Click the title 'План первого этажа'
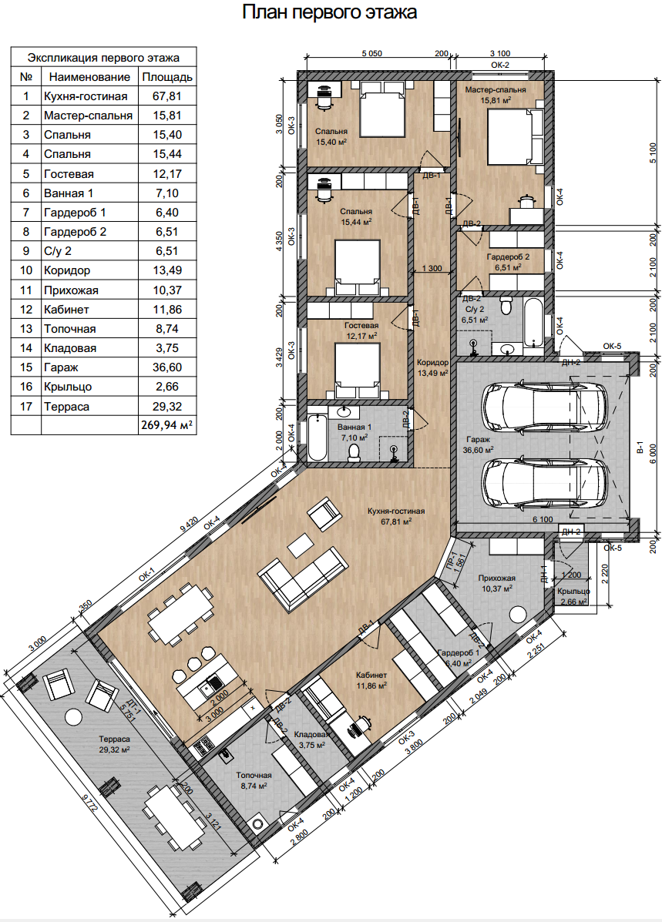(330, 12)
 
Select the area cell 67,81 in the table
(167, 96)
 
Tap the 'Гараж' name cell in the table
(89, 367)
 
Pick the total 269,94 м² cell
(167, 425)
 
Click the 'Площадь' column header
(167, 76)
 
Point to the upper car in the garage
(545, 405)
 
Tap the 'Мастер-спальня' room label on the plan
(496, 90)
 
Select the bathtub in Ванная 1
(317, 438)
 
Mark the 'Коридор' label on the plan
(432, 363)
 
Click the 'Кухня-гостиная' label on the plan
(396, 511)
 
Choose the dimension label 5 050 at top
(371, 53)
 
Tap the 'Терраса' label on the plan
(114, 739)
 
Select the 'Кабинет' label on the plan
(371, 675)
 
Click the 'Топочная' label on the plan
(254, 775)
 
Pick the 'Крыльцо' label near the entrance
(573, 591)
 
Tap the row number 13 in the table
(26, 329)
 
